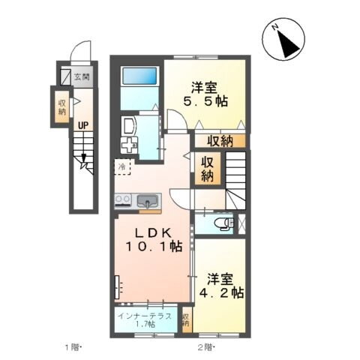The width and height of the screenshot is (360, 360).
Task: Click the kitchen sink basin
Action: tap(148, 200)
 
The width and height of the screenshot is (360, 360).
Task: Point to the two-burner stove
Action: tap(123, 200)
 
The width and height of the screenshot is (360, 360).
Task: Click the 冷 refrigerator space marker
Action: tap(121, 165)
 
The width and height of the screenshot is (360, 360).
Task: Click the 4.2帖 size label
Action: tap(220, 286)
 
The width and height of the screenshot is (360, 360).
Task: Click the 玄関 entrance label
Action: tap(82, 76)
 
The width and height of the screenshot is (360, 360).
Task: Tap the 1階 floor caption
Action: tap(72, 346)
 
